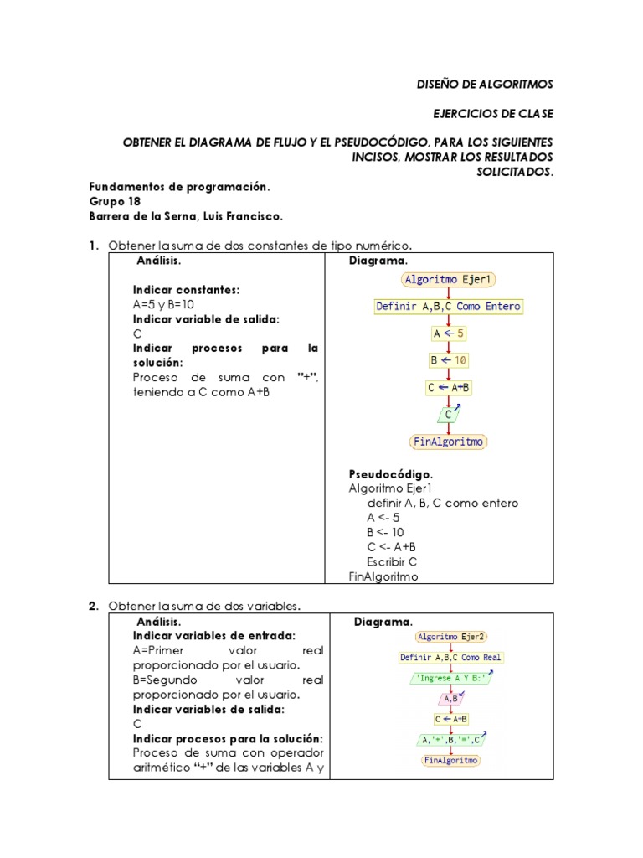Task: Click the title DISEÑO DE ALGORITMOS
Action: [x=485, y=85]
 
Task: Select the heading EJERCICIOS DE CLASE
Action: [x=492, y=113]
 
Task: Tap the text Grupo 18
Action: [x=115, y=201]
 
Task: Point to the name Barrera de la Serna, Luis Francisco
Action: [x=186, y=215]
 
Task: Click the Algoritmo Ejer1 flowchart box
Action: [x=450, y=280]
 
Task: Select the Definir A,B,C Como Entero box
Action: [x=449, y=307]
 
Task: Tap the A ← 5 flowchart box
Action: [x=449, y=333]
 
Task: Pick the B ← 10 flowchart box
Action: [x=449, y=360]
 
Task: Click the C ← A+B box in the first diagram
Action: [x=449, y=387]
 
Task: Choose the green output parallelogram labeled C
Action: [x=449, y=415]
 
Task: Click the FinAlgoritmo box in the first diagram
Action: [x=449, y=442]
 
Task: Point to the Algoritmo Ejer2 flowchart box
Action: [x=451, y=637]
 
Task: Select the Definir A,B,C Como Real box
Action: [x=450, y=658]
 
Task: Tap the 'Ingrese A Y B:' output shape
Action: [x=450, y=678]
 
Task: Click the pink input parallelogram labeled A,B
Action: [x=450, y=698]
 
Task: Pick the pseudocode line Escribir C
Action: [x=392, y=561]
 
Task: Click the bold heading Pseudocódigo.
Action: [x=390, y=473]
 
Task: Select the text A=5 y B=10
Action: [x=163, y=304]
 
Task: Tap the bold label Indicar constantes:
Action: [x=186, y=290]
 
